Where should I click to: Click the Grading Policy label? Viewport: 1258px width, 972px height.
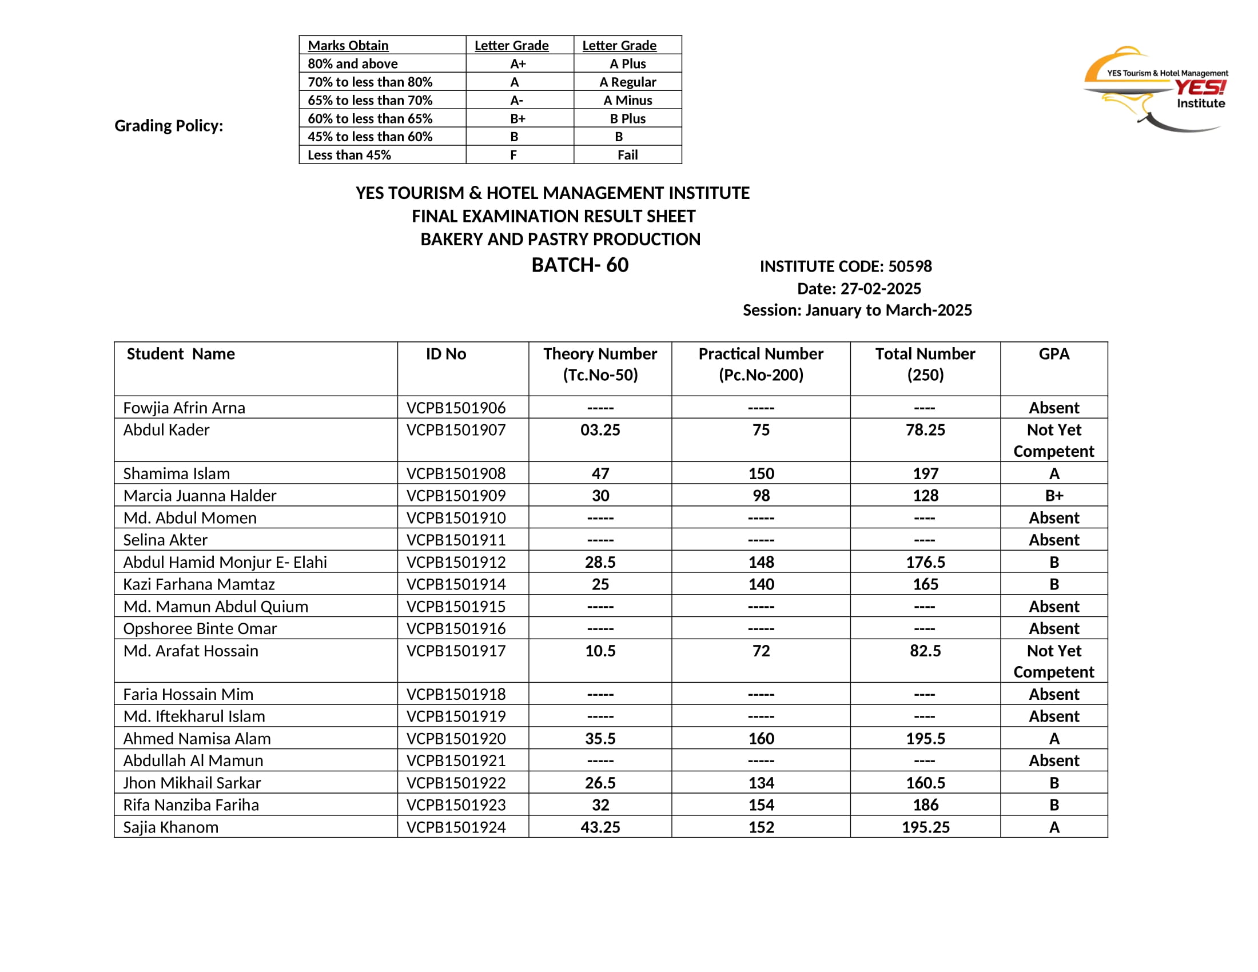[169, 126]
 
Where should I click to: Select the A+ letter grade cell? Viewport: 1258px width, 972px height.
[517, 63]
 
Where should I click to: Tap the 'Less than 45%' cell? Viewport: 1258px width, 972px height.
[349, 155]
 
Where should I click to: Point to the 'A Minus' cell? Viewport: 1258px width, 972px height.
[627, 100]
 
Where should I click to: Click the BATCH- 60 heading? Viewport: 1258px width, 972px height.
[579, 265]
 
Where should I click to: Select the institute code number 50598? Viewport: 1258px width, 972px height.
[910, 266]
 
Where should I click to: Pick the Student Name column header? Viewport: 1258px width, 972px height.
[181, 353]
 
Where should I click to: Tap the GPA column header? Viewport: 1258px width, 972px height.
[1053, 353]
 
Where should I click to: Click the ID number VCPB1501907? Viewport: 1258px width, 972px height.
[456, 429]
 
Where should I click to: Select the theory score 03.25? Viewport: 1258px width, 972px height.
[600, 429]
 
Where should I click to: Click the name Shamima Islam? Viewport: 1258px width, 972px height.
[176, 473]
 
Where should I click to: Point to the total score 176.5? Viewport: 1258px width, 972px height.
[925, 562]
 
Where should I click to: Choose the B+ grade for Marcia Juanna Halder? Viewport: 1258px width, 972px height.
[1053, 495]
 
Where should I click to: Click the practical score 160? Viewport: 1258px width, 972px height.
[761, 738]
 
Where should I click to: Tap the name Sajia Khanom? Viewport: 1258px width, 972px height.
[170, 827]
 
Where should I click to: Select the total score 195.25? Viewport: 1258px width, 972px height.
[925, 827]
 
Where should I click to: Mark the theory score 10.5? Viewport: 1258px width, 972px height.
[600, 651]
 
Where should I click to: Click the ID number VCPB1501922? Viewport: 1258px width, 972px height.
[456, 783]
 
